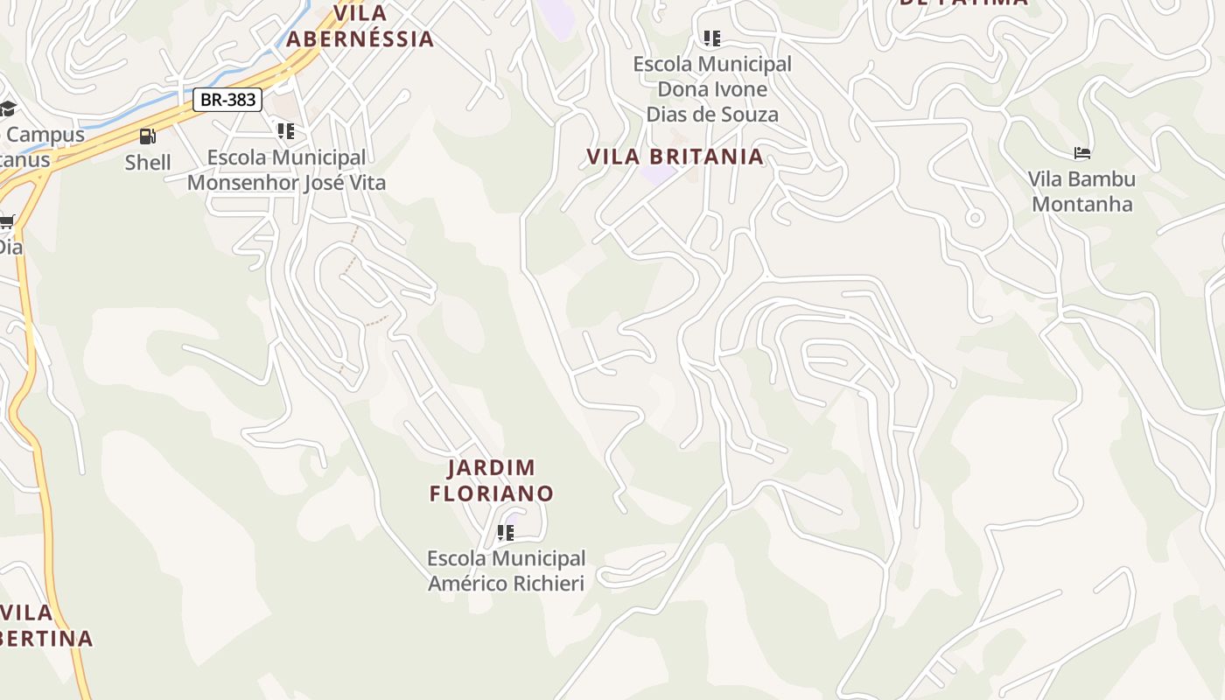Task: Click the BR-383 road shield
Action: pos(227,100)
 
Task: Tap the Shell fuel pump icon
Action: pos(147,136)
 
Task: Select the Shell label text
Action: pos(147,162)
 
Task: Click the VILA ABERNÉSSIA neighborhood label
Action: pos(360,26)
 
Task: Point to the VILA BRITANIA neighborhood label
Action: pos(675,157)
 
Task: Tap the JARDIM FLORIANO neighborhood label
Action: pos(491,480)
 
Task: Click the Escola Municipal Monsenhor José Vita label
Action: pos(286,170)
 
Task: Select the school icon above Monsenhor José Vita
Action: pos(285,131)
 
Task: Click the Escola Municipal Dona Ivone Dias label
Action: pos(711,89)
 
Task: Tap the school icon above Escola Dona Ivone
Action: pos(712,38)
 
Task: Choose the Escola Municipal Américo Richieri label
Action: pos(506,570)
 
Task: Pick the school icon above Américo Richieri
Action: pos(505,532)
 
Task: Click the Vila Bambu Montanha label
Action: pos(1081,192)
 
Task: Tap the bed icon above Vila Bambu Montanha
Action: pos(1082,153)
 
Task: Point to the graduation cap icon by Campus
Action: pos(7,108)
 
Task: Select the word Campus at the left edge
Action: pos(45,135)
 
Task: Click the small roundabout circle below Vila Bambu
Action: pos(974,217)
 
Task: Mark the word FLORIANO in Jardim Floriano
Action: pos(491,493)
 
